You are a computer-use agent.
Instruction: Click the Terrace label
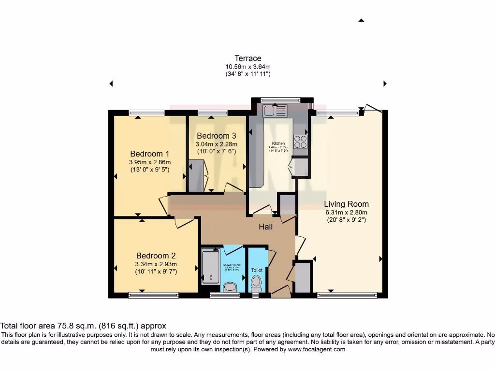click(x=247, y=58)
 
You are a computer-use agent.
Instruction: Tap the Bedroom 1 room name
click(x=149, y=154)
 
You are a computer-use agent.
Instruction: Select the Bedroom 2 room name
click(x=156, y=256)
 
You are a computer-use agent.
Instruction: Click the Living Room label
click(x=346, y=204)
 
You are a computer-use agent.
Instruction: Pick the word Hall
click(x=265, y=227)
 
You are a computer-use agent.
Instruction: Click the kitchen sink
click(x=275, y=111)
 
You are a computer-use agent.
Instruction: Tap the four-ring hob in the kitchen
click(x=300, y=142)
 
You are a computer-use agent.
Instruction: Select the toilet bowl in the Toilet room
click(x=256, y=281)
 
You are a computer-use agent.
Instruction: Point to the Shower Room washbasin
click(x=231, y=287)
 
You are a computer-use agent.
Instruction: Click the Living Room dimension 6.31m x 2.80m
click(x=346, y=212)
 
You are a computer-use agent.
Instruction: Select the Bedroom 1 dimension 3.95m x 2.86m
click(x=149, y=162)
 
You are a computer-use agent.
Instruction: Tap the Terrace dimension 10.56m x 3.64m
click(x=247, y=67)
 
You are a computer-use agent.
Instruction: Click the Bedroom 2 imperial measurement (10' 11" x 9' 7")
click(x=156, y=271)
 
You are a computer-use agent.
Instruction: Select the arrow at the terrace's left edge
click(x=111, y=84)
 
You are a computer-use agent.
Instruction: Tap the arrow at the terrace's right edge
click(x=385, y=84)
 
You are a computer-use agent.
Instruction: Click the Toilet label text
click(x=257, y=270)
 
